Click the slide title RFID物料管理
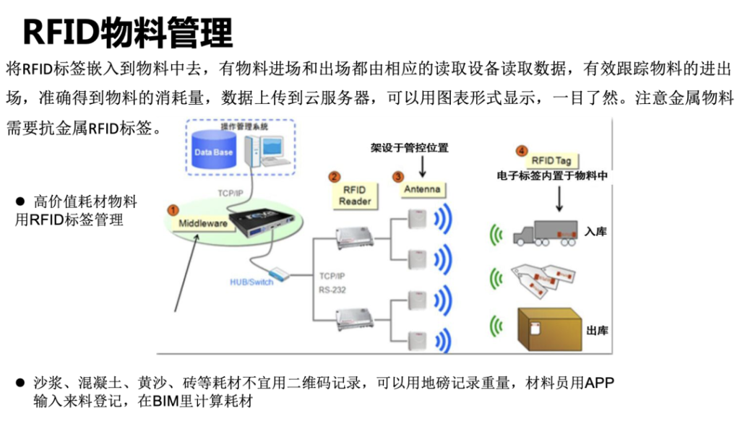point(128,32)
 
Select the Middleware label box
point(204,223)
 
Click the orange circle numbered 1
point(172,209)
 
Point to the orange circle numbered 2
point(334,176)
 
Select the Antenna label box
point(422,189)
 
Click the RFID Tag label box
point(551,160)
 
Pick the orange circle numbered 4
point(522,150)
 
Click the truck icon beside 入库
point(545,233)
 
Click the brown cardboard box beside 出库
point(549,329)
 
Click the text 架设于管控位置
point(410,148)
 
